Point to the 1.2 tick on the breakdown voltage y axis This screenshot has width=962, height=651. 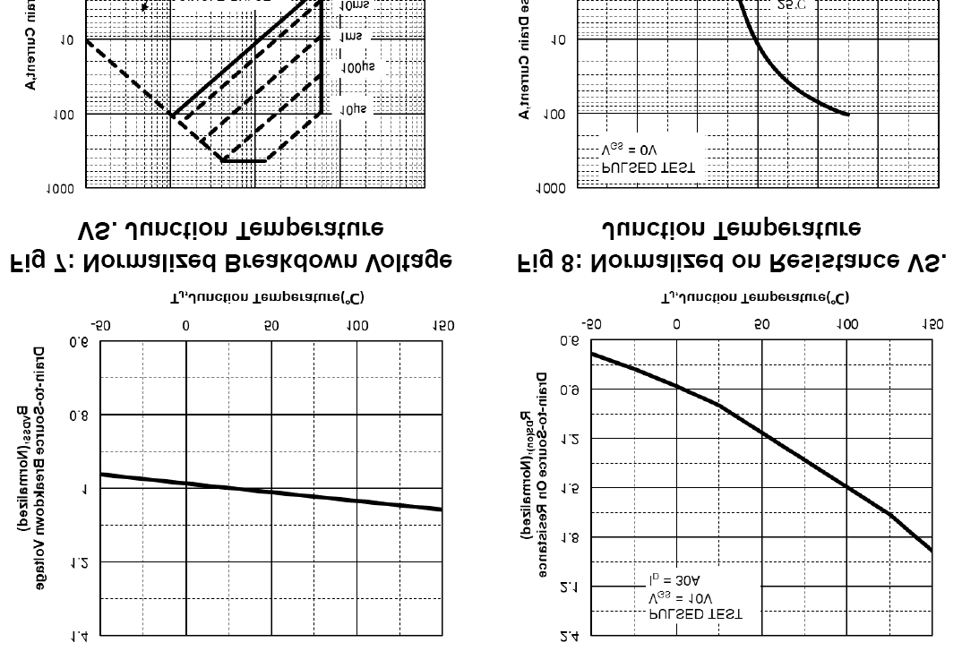point(79,562)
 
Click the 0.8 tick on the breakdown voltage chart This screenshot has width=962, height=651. point(79,415)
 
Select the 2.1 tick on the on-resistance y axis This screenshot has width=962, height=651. point(569,587)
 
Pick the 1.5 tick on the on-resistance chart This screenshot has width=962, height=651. point(569,488)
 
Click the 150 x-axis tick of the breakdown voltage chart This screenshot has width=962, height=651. point(442,327)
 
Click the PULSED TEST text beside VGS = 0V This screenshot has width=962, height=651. point(648,167)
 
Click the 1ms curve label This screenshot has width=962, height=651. point(351,38)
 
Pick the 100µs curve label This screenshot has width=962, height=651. point(357,68)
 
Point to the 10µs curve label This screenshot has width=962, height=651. point(353,109)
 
